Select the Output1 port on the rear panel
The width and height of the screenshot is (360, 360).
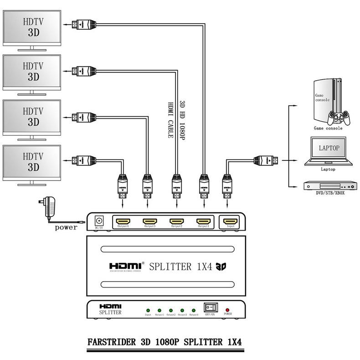click(x=203, y=221)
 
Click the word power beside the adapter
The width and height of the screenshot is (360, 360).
click(x=66, y=227)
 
